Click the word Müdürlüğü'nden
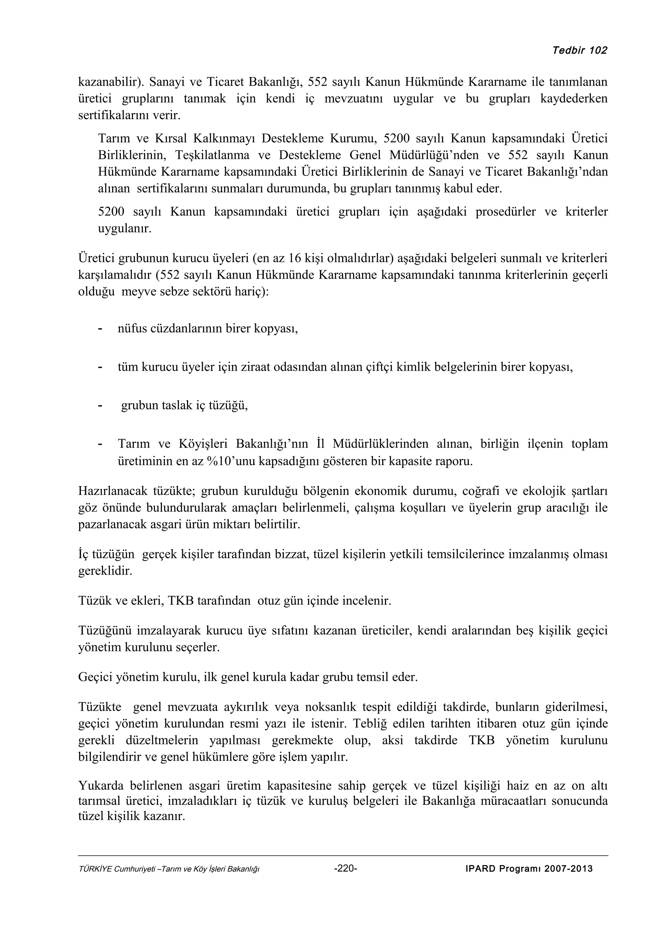434,155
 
